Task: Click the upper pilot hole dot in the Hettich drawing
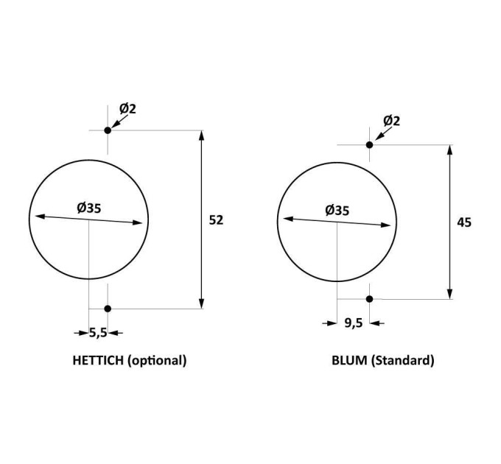coord(108,130)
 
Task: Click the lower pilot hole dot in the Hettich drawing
coord(108,309)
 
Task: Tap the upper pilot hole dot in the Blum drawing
coord(370,144)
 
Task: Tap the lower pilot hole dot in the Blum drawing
coord(370,299)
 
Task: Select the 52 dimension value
coord(216,220)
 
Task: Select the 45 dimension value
coord(464,222)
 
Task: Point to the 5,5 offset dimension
coord(98,333)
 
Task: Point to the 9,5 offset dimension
coord(354,323)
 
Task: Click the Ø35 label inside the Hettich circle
coord(89,208)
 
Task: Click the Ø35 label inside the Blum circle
coord(337,211)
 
